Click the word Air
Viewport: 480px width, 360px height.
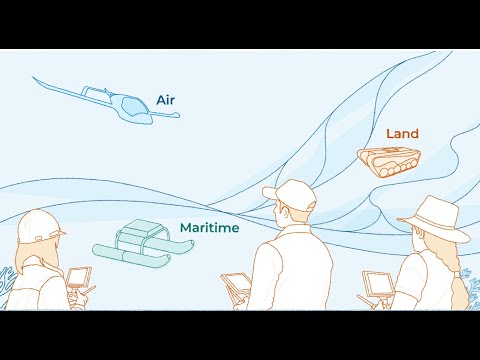pyautogui.click(x=166, y=100)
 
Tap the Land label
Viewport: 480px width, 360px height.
pyautogui.click(x=402, y=134)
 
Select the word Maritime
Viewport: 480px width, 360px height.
pyautogui.click(x=210, y=228)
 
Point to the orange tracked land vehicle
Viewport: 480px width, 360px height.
pyautogui.click(x=389, y=161)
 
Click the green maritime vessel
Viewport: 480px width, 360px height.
pyautogui.click(x=143, y=243)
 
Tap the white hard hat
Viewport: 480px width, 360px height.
pyautogui.click(x=39, y=227)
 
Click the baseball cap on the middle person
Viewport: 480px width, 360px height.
pyautogui.click(x=291, y=194)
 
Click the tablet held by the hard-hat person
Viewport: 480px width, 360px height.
pyautogui.click(x=79, y=277)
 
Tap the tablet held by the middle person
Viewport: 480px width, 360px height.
pyautogui.click(x=235, y=284)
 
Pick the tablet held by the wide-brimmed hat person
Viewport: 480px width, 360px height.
pyautogui.click(x=378, y=284)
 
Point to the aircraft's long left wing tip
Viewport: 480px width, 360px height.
pyautogui.click(x=33, y=77)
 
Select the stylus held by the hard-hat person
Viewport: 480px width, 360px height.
pyautogui.click(x=89, y=291)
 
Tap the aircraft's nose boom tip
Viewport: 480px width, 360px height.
pyautogui.click(x=178, y=115)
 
